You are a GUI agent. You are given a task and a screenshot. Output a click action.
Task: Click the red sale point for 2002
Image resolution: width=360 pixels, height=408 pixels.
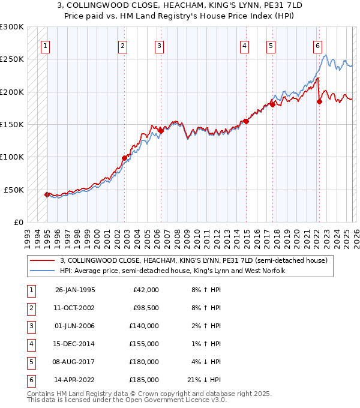point(125,158)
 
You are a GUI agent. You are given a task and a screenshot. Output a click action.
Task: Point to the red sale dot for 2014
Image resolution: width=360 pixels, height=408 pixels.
point(246,121)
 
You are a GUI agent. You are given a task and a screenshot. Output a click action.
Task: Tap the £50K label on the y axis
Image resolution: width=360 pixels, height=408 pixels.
point(14,190)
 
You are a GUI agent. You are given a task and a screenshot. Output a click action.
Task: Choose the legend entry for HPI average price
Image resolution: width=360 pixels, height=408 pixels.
point(172,271)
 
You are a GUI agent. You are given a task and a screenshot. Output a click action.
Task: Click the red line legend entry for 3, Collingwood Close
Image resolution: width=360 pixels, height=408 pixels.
point(193,260)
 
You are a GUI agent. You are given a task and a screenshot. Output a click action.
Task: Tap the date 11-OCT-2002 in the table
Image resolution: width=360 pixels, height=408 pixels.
point(75,308)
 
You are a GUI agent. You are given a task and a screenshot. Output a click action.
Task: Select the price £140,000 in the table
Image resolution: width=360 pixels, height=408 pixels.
point(146,326)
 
